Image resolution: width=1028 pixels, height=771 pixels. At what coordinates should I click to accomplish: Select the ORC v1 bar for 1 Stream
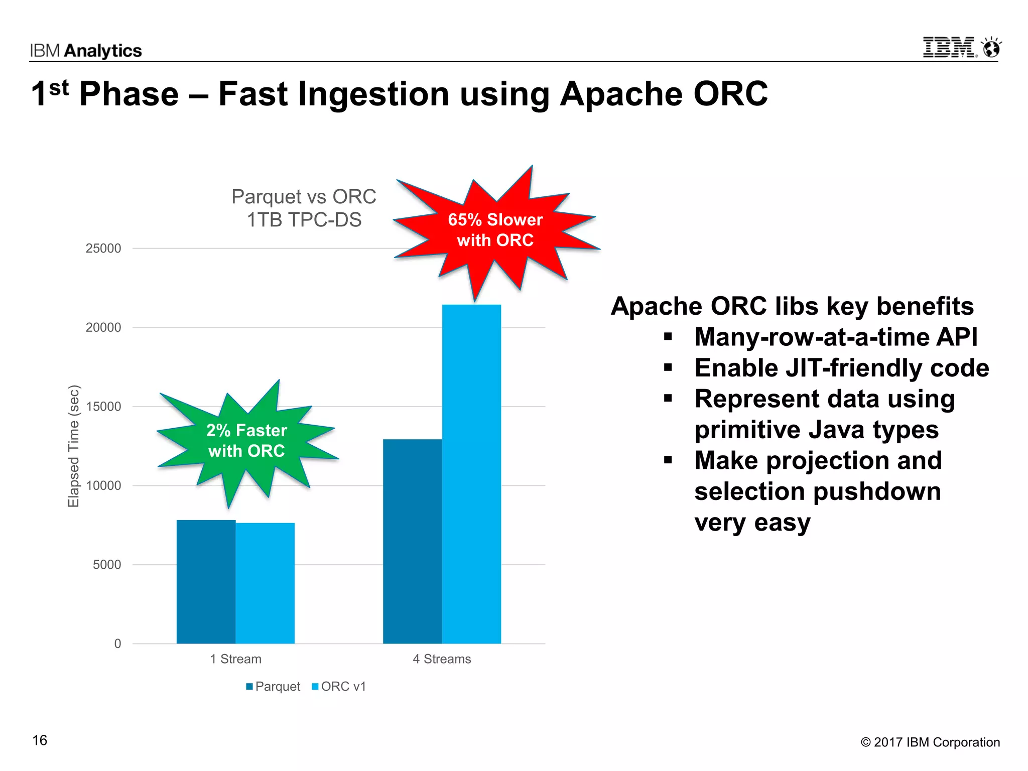265,583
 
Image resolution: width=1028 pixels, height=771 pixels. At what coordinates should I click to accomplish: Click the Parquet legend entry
273,686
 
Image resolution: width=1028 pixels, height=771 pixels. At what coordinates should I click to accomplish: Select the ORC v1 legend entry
339,686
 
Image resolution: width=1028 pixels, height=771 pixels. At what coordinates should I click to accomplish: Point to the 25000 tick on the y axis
103,248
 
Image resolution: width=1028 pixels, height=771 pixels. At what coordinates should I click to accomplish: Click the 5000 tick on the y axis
107,565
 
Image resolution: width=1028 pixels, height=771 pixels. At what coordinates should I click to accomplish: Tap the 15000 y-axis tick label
103,407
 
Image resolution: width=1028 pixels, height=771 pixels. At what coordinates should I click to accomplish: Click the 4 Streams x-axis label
442,659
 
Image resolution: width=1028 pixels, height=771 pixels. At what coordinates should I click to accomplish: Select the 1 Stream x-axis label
235,659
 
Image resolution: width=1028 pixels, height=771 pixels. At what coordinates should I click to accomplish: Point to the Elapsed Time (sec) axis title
74,446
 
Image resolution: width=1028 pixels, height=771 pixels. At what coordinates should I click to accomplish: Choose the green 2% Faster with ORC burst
246,441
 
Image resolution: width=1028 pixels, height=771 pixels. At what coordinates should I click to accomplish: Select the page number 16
40,740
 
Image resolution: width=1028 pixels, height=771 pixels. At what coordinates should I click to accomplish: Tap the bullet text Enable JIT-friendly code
841,368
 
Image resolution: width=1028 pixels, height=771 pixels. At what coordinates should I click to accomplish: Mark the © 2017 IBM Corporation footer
930,742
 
